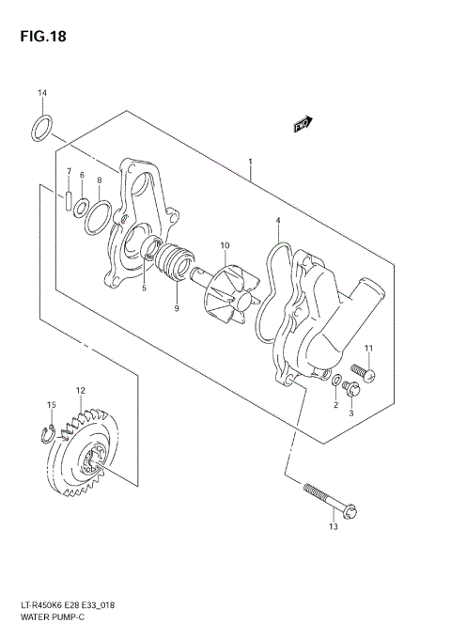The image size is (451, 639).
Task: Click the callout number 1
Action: (250, 162)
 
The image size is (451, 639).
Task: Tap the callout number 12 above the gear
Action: (81, 389)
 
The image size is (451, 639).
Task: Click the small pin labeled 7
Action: (69, 200)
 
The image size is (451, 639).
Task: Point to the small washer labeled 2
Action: (336, 382)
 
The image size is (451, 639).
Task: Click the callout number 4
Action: (277, 221)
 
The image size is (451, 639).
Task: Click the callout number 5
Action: (144, 288)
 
